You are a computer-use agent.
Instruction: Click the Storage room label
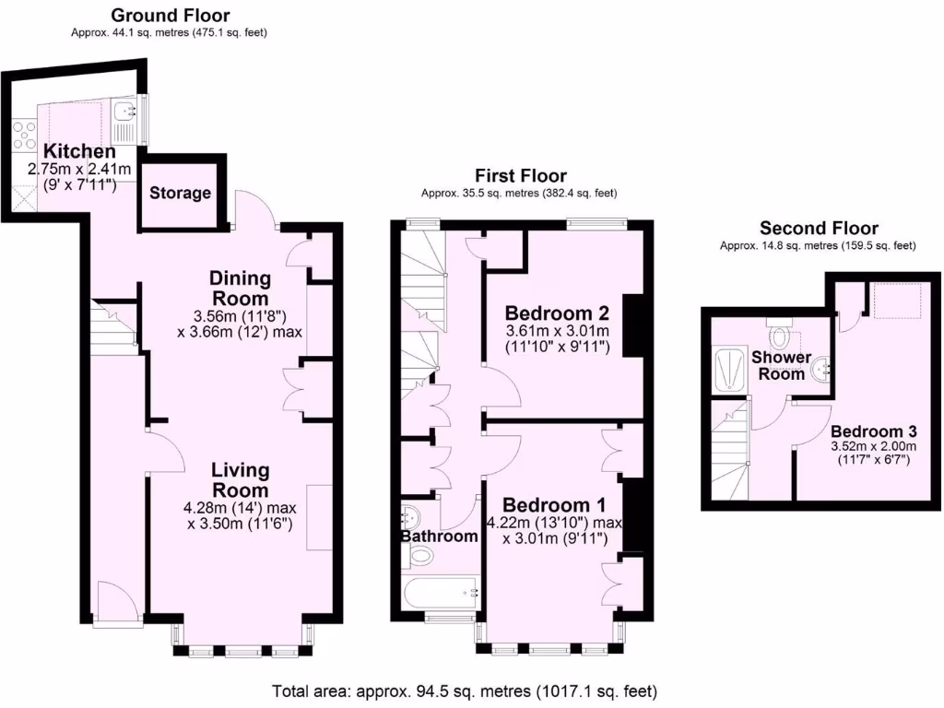pos(181,194)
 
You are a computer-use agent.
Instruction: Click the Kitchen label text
pos(80,152)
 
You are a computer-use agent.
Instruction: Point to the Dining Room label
pos(240,289)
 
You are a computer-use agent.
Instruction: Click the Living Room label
pos(240,480)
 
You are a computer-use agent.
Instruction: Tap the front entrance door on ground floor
pos(117,604)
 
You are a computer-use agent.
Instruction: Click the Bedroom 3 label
pos(873,431)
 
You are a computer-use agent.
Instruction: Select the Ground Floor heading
pos(171,16)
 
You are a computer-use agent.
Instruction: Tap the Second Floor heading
pos(819,228)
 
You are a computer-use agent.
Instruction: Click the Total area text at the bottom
pos(465,690)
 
